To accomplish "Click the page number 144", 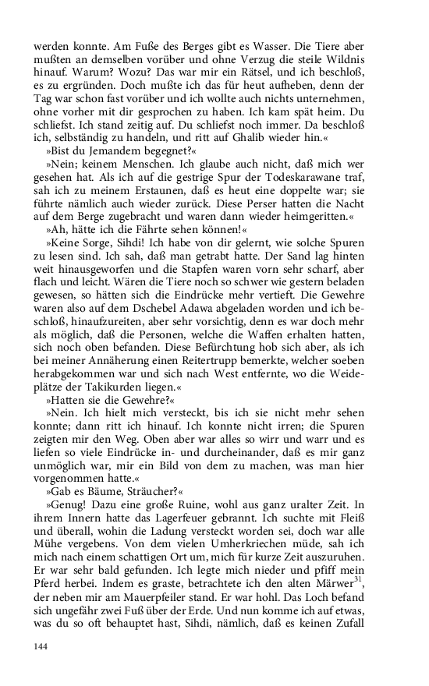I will [41, 646].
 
